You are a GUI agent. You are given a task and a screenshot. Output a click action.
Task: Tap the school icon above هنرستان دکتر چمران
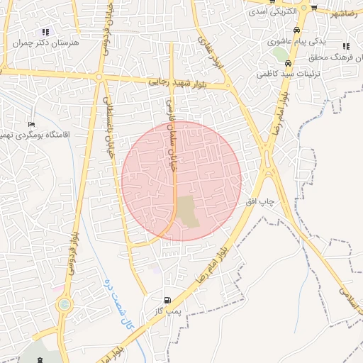pyautogui.click(x=46, y=32)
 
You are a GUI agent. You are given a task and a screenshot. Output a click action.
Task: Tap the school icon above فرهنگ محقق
pyautogui.click(x=346, y=46)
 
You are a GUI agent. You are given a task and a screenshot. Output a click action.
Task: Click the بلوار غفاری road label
pyautogui.click(x=206, y=52)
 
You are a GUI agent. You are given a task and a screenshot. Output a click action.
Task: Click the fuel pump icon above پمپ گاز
pyautogui.click(x=167, y=300)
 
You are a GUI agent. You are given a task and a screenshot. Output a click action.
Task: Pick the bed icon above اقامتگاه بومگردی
pyautogui.click(x=32, y=123)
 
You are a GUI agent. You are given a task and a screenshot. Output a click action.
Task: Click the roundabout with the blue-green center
pyautogui.click(x=65, y=305)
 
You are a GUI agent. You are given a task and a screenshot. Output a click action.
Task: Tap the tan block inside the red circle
pyautogui.click(x=188, y=212)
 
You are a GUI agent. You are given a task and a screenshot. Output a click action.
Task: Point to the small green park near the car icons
pyautogui.click(x=281, y=54)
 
